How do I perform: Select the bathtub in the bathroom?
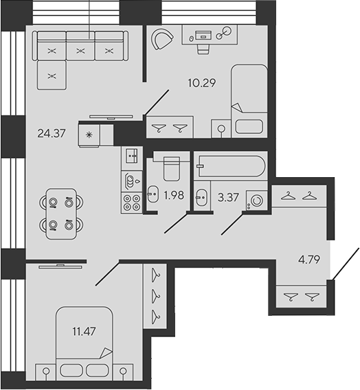point(229,165)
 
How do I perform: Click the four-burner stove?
point(131,201)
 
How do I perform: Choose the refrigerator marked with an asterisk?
point(89,135)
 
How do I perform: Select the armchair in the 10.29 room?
point(163,41)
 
